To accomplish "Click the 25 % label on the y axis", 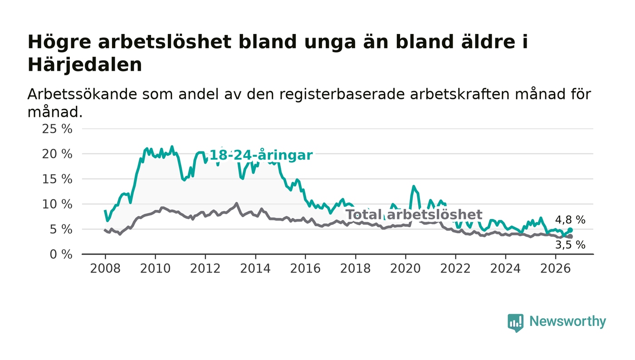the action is tap(57, 129).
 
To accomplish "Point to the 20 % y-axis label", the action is tap(57, 154).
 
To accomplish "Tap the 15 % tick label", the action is tap(57, 179).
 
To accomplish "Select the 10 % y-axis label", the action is tap(57, 204).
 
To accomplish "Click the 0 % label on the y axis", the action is tap(61, 254).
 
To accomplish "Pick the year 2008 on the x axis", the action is tap(105, 268).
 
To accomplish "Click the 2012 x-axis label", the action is tap(205, 268).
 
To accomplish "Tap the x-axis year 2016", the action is tap(305, 268).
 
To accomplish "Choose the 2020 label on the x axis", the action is tap(405, 268).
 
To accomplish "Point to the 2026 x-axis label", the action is tap(555, 268).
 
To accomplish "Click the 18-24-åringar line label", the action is tap(261, 155).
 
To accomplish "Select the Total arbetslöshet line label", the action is tap(414, 214).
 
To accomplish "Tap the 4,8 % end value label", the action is tap(570, 220).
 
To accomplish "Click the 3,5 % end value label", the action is tap(570, 245).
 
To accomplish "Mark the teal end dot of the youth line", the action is tap(571, 230).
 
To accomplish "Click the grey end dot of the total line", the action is tap(571, 236).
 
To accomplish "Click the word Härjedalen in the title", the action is tap(85, 65).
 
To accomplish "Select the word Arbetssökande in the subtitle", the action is tap(82, 94).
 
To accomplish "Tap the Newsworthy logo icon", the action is tap(516, 323).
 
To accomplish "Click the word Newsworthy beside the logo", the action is tap(568, 321).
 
